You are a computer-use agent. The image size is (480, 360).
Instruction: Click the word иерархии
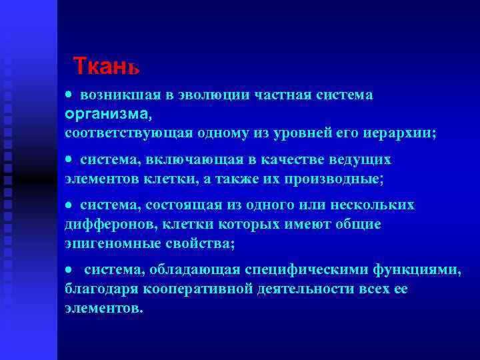400,133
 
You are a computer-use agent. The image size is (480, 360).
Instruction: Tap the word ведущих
361,161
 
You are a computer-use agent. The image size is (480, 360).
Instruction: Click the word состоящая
173,205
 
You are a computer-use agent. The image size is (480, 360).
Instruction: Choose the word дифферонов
107,224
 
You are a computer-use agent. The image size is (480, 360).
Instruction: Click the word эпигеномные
107,243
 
